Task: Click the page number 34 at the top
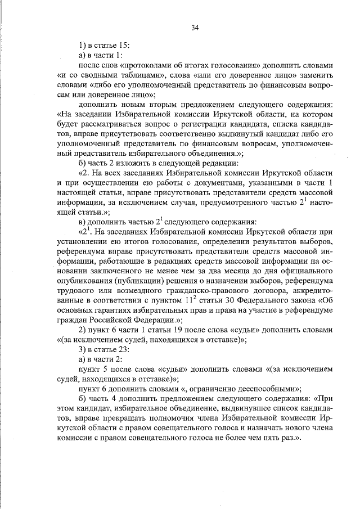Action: pos(195,28)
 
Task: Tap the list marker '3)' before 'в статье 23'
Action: pos(83,354)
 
